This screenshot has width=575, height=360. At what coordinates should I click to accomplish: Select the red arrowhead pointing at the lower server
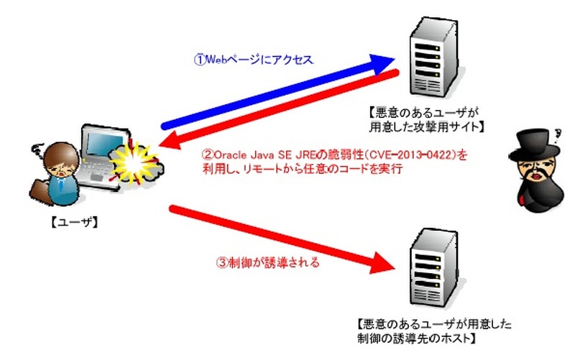pos(382,262)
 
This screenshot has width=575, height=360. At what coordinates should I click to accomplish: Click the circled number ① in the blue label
pos(200,60)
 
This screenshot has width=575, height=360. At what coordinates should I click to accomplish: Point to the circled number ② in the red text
pos(208,154)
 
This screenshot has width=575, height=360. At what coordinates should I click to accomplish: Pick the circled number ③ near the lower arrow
pos(222,263)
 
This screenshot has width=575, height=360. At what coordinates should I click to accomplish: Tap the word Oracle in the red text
pos(230,155)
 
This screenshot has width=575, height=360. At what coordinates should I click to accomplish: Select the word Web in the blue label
pos(215,60)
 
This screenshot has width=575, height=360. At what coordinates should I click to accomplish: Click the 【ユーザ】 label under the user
pos(74,222)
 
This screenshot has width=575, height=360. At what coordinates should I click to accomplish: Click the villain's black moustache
pos(535,173)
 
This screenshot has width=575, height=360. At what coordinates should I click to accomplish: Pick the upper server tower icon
pos(436,58)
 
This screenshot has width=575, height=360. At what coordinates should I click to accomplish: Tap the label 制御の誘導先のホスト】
pos(417,338)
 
